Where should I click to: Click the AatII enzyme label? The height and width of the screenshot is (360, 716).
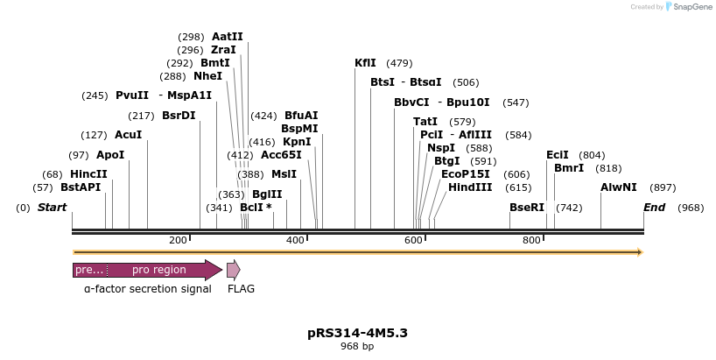pos(227,37)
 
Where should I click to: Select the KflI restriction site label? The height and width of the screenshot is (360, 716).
pos(365,63)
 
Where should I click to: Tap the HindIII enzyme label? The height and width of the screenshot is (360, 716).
pos(470,187)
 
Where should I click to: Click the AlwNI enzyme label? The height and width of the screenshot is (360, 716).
pos(618,187)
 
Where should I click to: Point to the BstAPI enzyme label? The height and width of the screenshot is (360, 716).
pos(81,187)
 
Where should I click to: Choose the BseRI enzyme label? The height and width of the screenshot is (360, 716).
pos(527,208)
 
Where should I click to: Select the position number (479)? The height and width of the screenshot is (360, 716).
pos(399,63)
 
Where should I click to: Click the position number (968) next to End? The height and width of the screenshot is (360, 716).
pos(690,208)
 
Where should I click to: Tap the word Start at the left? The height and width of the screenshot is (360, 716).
pos(52,208)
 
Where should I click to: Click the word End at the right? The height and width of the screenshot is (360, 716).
pos(654,208)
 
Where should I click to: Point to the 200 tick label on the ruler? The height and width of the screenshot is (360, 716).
pos(178,240)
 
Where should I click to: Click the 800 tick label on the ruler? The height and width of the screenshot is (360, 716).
pos(531,240)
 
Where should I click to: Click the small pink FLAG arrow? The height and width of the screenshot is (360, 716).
pos(233,270)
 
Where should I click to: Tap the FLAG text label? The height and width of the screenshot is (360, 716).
pos(241,288)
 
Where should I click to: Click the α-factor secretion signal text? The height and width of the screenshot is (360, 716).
pos(147,288)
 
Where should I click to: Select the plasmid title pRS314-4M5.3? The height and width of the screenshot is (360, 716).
pos(357,333)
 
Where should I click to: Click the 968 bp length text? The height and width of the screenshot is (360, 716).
pos(357,347)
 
